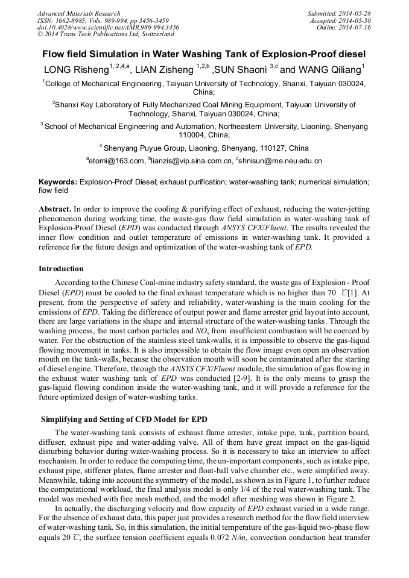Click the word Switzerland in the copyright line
click(154, 35)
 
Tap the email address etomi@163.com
click(117, 161)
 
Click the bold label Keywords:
click(58, 181)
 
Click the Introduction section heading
click(61, 269)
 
